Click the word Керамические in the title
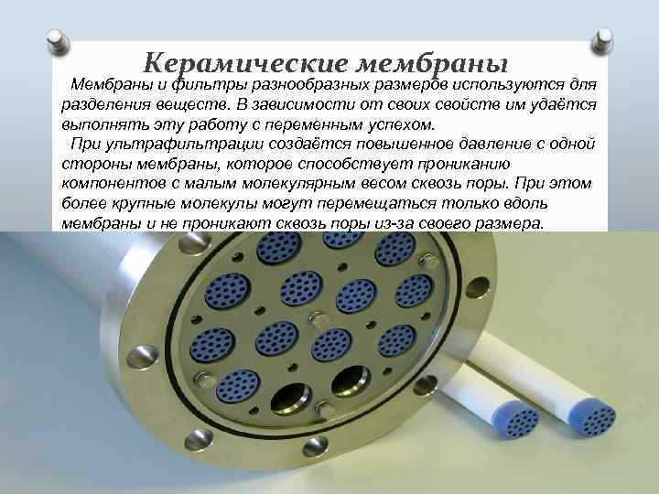pos(247,64)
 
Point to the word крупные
pos(134,204)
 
